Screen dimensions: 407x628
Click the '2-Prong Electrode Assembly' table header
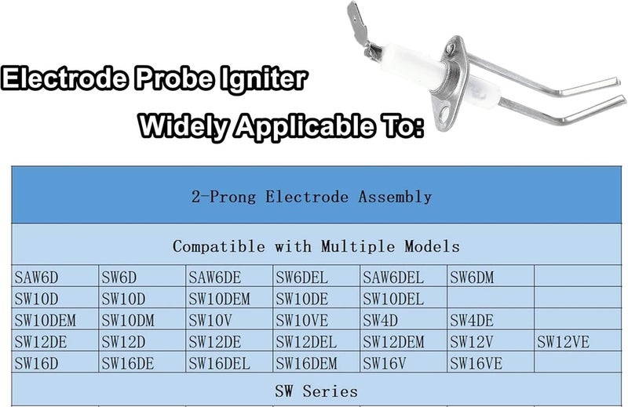point(314,197)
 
